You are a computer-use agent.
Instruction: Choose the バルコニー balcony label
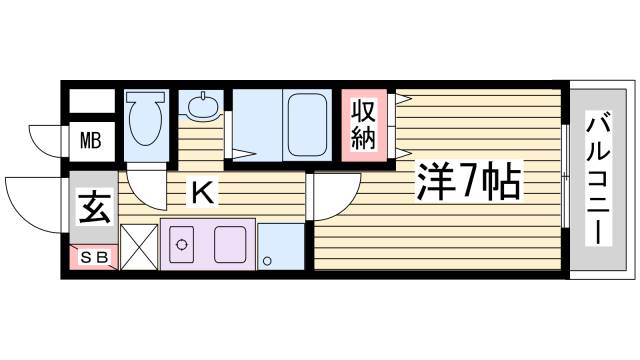(600, 180)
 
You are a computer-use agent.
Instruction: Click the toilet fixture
(148, 122)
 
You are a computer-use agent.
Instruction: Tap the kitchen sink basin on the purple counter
(229, 244)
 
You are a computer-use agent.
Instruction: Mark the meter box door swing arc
(45, 140)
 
